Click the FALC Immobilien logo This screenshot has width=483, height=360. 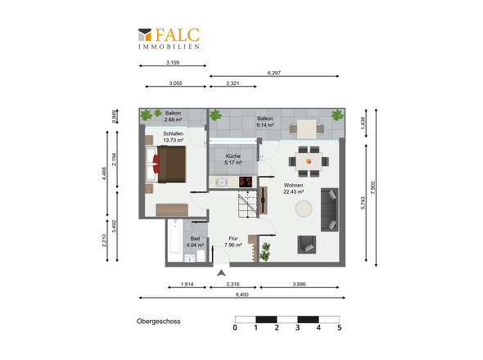pyautogui.click(x=169, y=38)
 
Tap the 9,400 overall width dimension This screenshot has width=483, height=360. pyautogui.click(x=241, y=295)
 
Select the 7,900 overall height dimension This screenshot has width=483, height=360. pyautogui.click(x=373, y=187)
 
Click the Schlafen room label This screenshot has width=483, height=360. pyautogui.click(x=173, y=133)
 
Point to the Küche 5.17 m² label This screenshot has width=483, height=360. pyautogui.click(x=233, y=160)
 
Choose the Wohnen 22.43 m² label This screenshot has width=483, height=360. pyautogui.click(x=294, y=188)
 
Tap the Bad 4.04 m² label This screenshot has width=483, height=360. pyautogui.click(x=195, y=241)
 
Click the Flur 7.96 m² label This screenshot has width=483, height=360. pyautogui.click(x=233, y=241)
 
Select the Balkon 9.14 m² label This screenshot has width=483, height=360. pyautogui.click(x=265, y=122)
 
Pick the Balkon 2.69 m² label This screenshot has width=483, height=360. pyautogui.click(x=173, y=116)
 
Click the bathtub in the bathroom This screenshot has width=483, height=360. pyautogui.click(x=175, y=236)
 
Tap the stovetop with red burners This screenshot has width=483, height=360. pyautogui.click(x=246, y=182)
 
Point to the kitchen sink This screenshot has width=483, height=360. pyautogui.click(x=221, y=182)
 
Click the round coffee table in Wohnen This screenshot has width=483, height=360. pyautogui.click(x=304, y=209)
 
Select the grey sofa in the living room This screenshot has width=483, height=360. pyautogui.click(x=329, y=209)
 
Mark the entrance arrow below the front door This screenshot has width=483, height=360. pyautogui.click(x=221, y=272)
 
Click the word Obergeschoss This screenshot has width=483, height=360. pyautogui.click(x=159, y=322)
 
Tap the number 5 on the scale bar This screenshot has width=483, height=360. pyautogui.click(x=339, y=327)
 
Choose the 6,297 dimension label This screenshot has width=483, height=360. pyautogui.click(x=274, y=73)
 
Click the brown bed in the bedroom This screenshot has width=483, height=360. pyautogui.click(x=165, y=164)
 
